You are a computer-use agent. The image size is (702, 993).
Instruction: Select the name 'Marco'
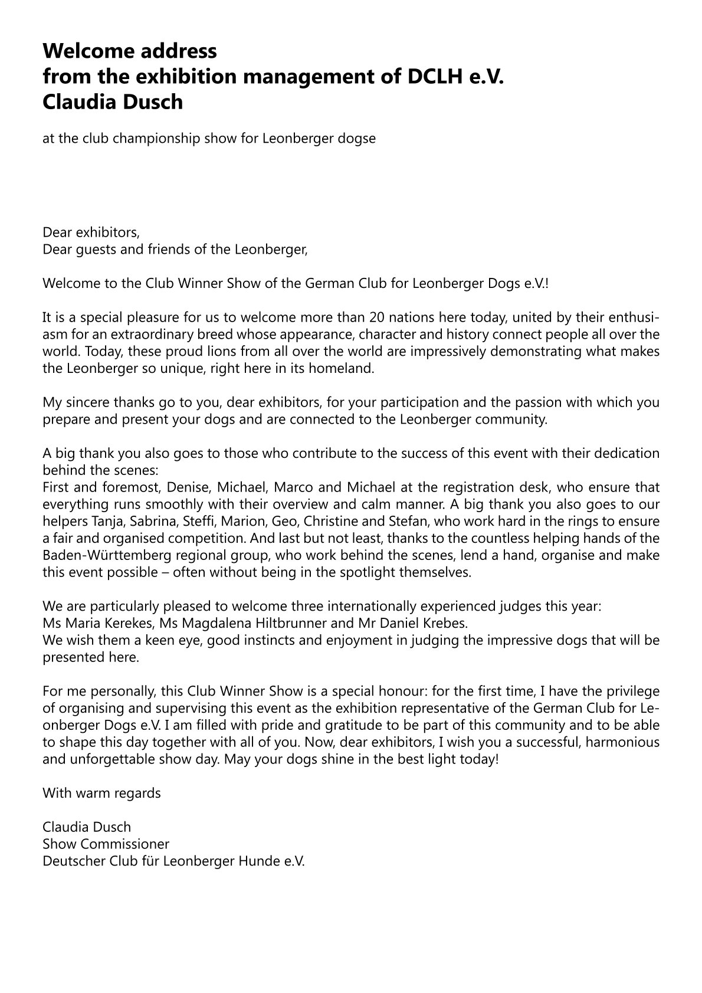click(296, 487)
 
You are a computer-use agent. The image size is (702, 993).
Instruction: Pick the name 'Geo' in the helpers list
click(284, 522)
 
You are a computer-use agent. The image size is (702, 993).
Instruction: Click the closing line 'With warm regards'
click(101, 793)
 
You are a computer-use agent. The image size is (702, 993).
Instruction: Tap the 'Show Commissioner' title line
click(106, 844)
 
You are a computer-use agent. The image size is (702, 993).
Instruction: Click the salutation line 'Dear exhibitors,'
click(91, 232)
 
